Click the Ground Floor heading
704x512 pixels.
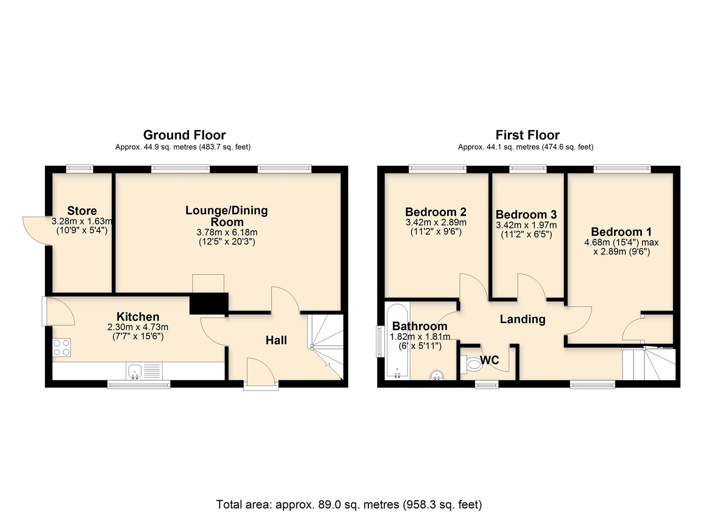[184, 135]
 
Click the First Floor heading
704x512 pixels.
[527, 135]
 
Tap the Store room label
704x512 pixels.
[82, 210]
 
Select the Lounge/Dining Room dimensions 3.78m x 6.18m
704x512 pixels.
[227, 232]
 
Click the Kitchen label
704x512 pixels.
[138, 317]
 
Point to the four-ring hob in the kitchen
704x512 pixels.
[62, 347]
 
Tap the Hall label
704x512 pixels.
[276, 340]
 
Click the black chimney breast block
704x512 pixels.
[209, 303]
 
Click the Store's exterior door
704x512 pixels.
[37, 230]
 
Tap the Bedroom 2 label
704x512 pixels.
[436, 212]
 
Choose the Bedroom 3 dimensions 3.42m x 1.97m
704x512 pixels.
[526, 225]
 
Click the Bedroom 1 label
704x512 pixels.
[621, 232]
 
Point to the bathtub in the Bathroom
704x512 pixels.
[397, 341]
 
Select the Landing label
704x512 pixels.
[522, 319]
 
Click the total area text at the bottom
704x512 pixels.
[349, 504]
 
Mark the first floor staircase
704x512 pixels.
[649, 364]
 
